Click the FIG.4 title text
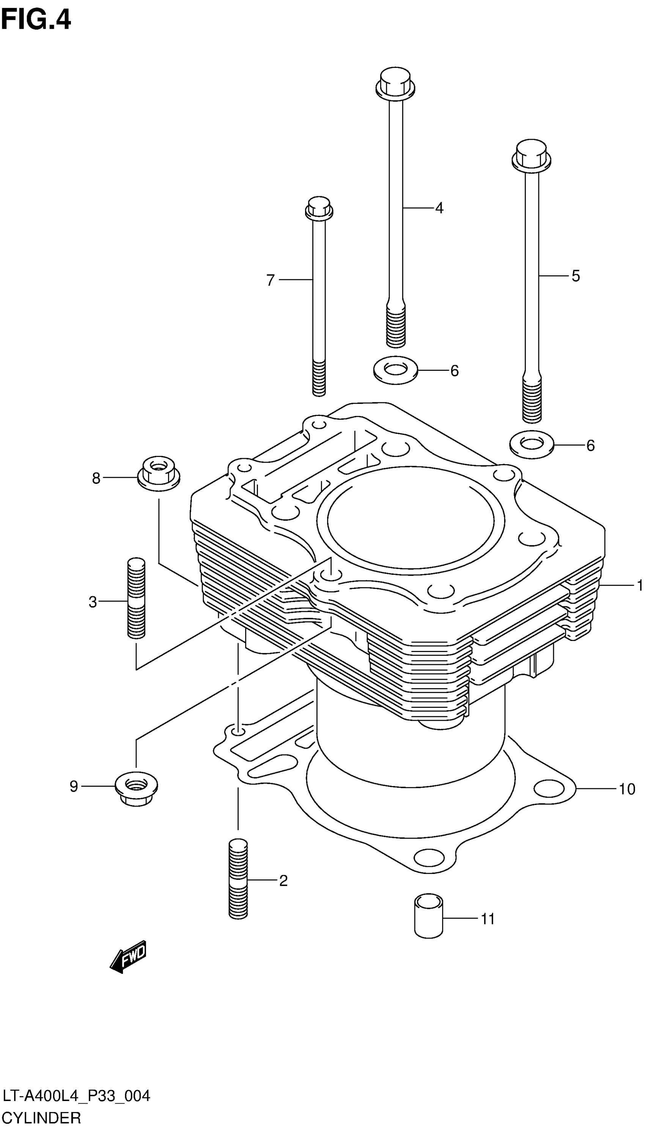[x=35, y=20]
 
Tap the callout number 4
[x=439, y=207]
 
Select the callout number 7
[x=270, y=280]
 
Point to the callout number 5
[x=575, y=276]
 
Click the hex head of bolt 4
[x=395, y=82]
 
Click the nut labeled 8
[x=158, y=473]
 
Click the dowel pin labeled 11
[x=428, y=916]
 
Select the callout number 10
[x=626, y=789]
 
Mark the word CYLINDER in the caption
[x=41, y=1118]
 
